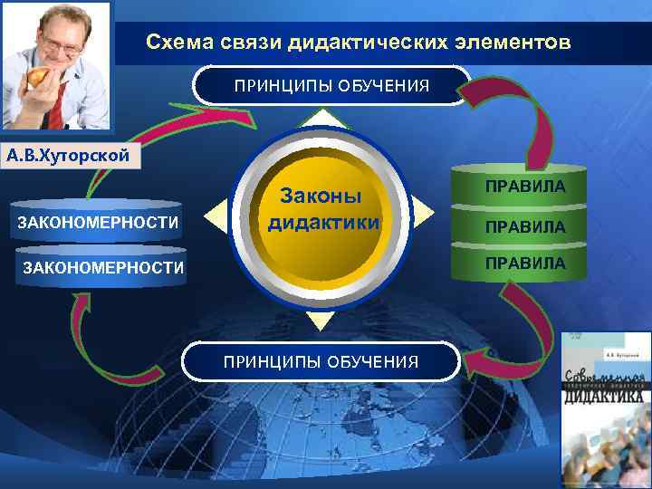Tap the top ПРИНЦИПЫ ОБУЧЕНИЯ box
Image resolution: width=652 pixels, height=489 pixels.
point(331,86)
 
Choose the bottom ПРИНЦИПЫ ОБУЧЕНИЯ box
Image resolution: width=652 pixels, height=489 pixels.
point(321,361)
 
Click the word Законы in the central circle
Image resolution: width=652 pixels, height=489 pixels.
point(321,197)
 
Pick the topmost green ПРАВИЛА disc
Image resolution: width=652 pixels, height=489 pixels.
point(524,186)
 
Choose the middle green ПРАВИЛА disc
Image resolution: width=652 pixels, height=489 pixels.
point(524,226)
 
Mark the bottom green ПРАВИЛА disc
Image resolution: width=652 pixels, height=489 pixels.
point(524,264)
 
